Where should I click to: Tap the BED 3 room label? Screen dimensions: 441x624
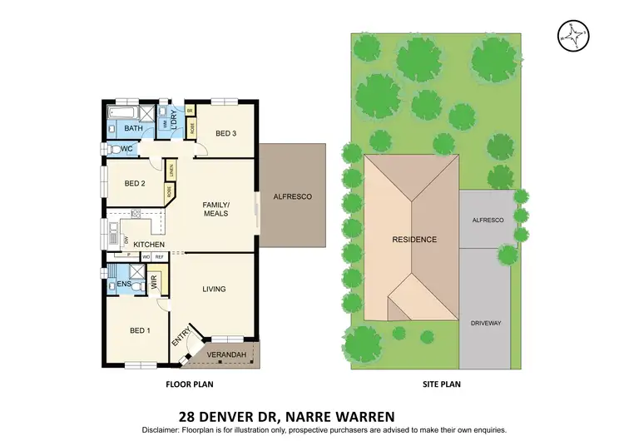(x=226, y=133)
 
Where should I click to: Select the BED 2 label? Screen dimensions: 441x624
(x=135, y=183)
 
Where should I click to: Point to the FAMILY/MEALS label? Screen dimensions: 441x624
(x=216, y=208)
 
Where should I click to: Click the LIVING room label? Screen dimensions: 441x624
(x=214, y=289)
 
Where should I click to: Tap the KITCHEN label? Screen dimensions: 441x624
(x=149, y=244)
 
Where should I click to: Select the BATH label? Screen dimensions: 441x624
(x=133, y=129)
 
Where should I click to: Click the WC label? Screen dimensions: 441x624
(x=127, y=149)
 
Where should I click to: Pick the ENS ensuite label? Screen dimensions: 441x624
(x=123, y=285)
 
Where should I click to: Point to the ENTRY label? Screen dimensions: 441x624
(x=177, y=339)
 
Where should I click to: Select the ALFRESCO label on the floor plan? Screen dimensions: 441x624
(x=292, y=196)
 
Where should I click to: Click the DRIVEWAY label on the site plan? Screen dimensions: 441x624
(x=487, y=322)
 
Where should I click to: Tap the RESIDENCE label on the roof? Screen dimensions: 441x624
(x=414, y=240)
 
